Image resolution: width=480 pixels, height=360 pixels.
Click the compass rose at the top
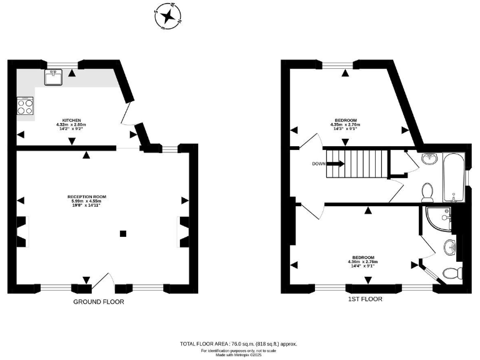[x=166, y=17]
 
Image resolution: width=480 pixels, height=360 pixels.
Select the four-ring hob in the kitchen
[x=25, y=106]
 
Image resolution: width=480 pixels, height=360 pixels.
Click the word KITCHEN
[x=71, y=120]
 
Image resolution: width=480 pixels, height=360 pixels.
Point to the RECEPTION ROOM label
[x=87, y=197]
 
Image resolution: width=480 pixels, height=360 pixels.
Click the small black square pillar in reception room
[x=123, y=234]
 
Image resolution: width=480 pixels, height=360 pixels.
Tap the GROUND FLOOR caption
[x=98, y=302]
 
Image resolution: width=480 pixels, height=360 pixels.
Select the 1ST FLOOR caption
[x=366, y=299]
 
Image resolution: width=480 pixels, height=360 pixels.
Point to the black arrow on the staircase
[x=334, y=164]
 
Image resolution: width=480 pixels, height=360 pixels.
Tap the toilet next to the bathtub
[x=428, y=191]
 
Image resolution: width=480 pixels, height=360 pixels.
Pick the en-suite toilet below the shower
[x=452, y=272]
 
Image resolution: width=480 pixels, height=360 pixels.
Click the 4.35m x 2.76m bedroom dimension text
[x=345, y=125]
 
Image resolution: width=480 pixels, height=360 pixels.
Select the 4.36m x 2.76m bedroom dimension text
[x=363, y=262]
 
